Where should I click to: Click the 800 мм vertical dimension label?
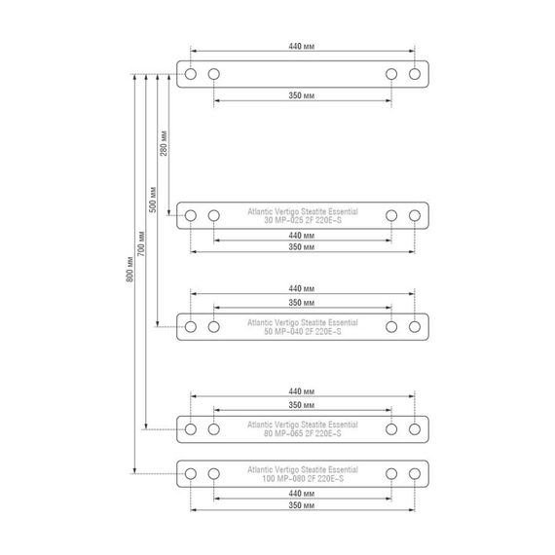coord(129,270)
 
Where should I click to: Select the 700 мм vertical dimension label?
coord(141,243)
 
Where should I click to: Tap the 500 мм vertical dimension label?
coord(153,200)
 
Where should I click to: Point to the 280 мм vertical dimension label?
coord(164,143)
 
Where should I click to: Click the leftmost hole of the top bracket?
coord(191,74)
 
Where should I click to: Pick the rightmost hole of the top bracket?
coord(415,74)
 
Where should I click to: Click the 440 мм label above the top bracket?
coord(301,47)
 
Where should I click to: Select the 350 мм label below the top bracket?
coord(301,95)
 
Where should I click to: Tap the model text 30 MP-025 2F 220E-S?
coord(303,220)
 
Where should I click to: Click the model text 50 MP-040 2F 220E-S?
coord(303,332)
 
